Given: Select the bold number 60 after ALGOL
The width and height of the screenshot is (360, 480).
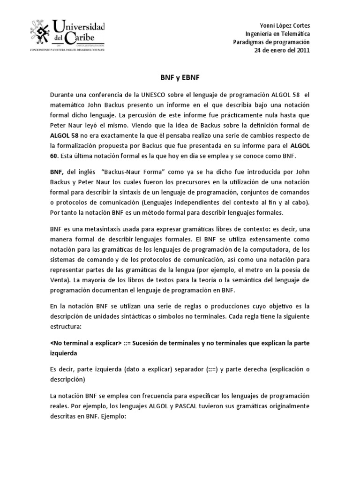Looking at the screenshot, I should [x=55, y=156].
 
